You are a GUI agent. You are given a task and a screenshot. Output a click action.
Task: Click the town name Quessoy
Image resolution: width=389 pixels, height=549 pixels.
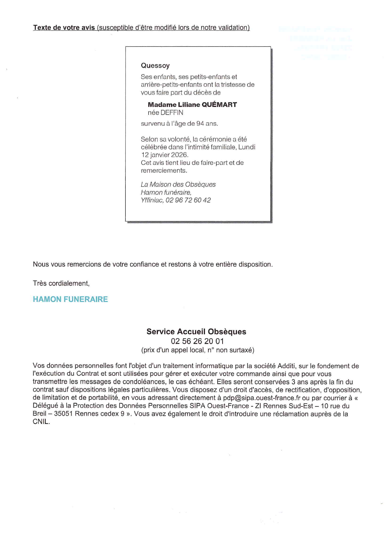click(155, 65)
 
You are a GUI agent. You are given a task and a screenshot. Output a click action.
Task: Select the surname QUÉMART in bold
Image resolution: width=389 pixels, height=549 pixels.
click(219, 105)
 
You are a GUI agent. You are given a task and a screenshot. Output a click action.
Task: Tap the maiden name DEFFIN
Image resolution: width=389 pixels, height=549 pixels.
click(172, 113)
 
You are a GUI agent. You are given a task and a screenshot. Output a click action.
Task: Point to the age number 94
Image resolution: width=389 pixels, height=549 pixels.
click(200, 124)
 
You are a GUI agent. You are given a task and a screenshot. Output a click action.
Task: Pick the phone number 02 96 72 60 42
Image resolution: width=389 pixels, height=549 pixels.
click(188, 200)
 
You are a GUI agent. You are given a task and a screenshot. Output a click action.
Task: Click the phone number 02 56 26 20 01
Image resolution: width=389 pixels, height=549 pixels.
click(197, 341)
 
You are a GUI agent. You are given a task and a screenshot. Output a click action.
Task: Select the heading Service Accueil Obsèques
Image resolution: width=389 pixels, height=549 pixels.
click(196, 331)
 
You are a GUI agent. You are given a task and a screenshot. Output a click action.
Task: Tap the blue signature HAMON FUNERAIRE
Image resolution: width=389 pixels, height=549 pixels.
click(70, 299)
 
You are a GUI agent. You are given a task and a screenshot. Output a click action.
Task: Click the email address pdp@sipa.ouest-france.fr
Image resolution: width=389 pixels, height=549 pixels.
click(262, 398)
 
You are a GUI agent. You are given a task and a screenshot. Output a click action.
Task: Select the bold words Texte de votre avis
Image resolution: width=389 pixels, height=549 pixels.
click(64, 28)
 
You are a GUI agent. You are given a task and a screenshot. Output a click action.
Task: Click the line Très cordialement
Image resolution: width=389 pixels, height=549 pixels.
click(61, 284)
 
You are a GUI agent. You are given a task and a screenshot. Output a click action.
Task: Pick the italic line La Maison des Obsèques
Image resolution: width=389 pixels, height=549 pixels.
click(178, 185)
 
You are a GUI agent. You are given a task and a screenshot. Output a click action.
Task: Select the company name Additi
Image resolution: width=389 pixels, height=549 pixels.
click(286, 366)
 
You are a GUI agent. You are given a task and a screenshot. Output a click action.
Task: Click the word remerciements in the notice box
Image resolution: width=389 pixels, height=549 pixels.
click(164, 171)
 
